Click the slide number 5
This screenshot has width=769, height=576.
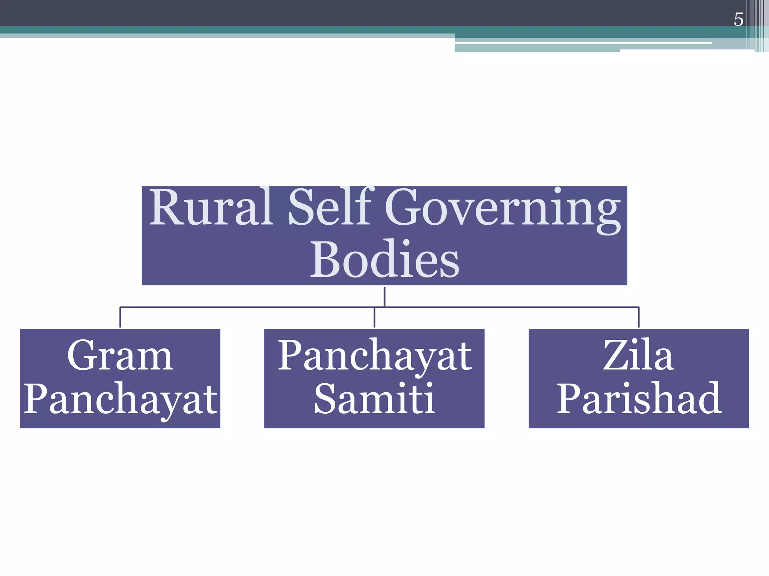point(738,19)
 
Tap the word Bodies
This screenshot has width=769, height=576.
point(384,259)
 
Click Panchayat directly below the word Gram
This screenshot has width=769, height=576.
point(120,399)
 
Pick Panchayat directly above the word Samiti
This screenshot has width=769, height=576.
point(374,355)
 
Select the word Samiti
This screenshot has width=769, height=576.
point(374,398)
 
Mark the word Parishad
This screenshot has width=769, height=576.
point(638,398)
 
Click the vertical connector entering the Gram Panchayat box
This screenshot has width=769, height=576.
point(120,317)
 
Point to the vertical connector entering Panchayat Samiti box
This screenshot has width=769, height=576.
point(374,317)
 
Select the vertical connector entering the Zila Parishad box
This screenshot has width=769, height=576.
point(639,317)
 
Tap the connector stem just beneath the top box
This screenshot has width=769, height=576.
point(384,297)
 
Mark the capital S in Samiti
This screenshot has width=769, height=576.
point(326,398)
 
